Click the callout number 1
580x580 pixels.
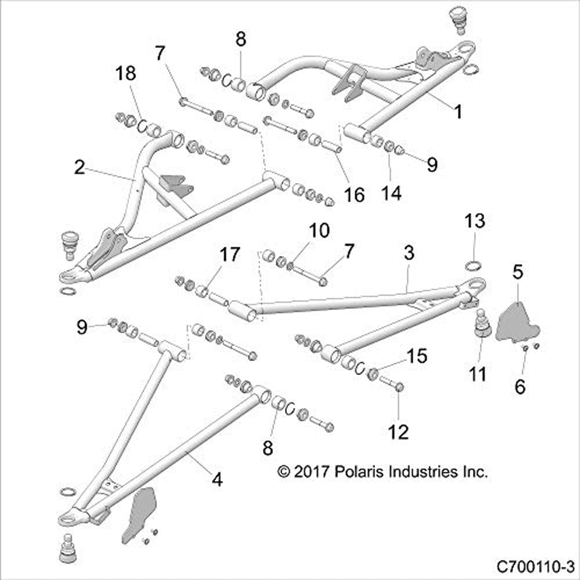click(458, 112)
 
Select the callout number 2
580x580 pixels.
click(80, 168)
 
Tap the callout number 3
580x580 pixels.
click(409, 253)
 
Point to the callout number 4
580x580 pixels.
click(217, 479)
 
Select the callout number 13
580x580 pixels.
click(474, 222)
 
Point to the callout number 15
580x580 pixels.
click(416, 355)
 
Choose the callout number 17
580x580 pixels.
click(229, 255)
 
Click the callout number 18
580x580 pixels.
click(126, 73)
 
